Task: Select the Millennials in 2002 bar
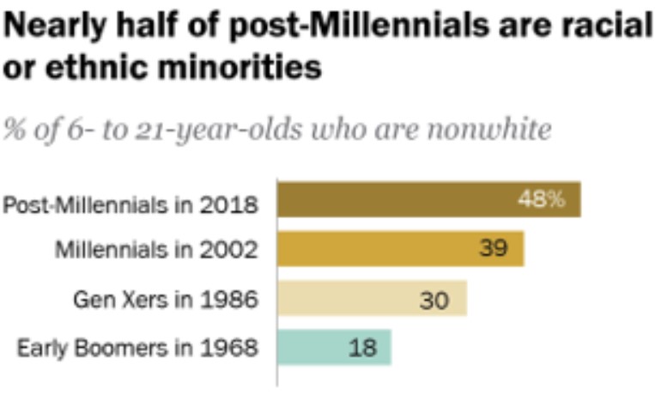point(399,249)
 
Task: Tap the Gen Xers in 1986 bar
point(371,298)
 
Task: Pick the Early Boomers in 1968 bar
point(333,347)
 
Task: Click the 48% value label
point(541,201)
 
